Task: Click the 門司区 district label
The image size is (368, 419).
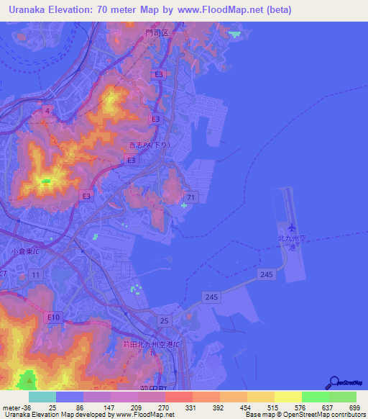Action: pyautogui.click(x=156, y=33)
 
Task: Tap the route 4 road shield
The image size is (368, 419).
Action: pyautogui.click(x=47, y=109)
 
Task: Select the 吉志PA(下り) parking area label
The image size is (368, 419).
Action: pyautogui.click(x=144, y=145)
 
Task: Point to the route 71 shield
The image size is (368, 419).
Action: pyautogui.click(x=190, y=197)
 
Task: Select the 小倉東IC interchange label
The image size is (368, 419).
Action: pyautogui.click(x=26, y=252)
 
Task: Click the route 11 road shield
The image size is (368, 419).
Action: pyautogui.click(x=36, y=275)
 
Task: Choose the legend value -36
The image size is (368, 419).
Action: pyautogui.click(x=28, y=407)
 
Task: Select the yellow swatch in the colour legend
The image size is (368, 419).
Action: pyautogui.click(x=287, y=397)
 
